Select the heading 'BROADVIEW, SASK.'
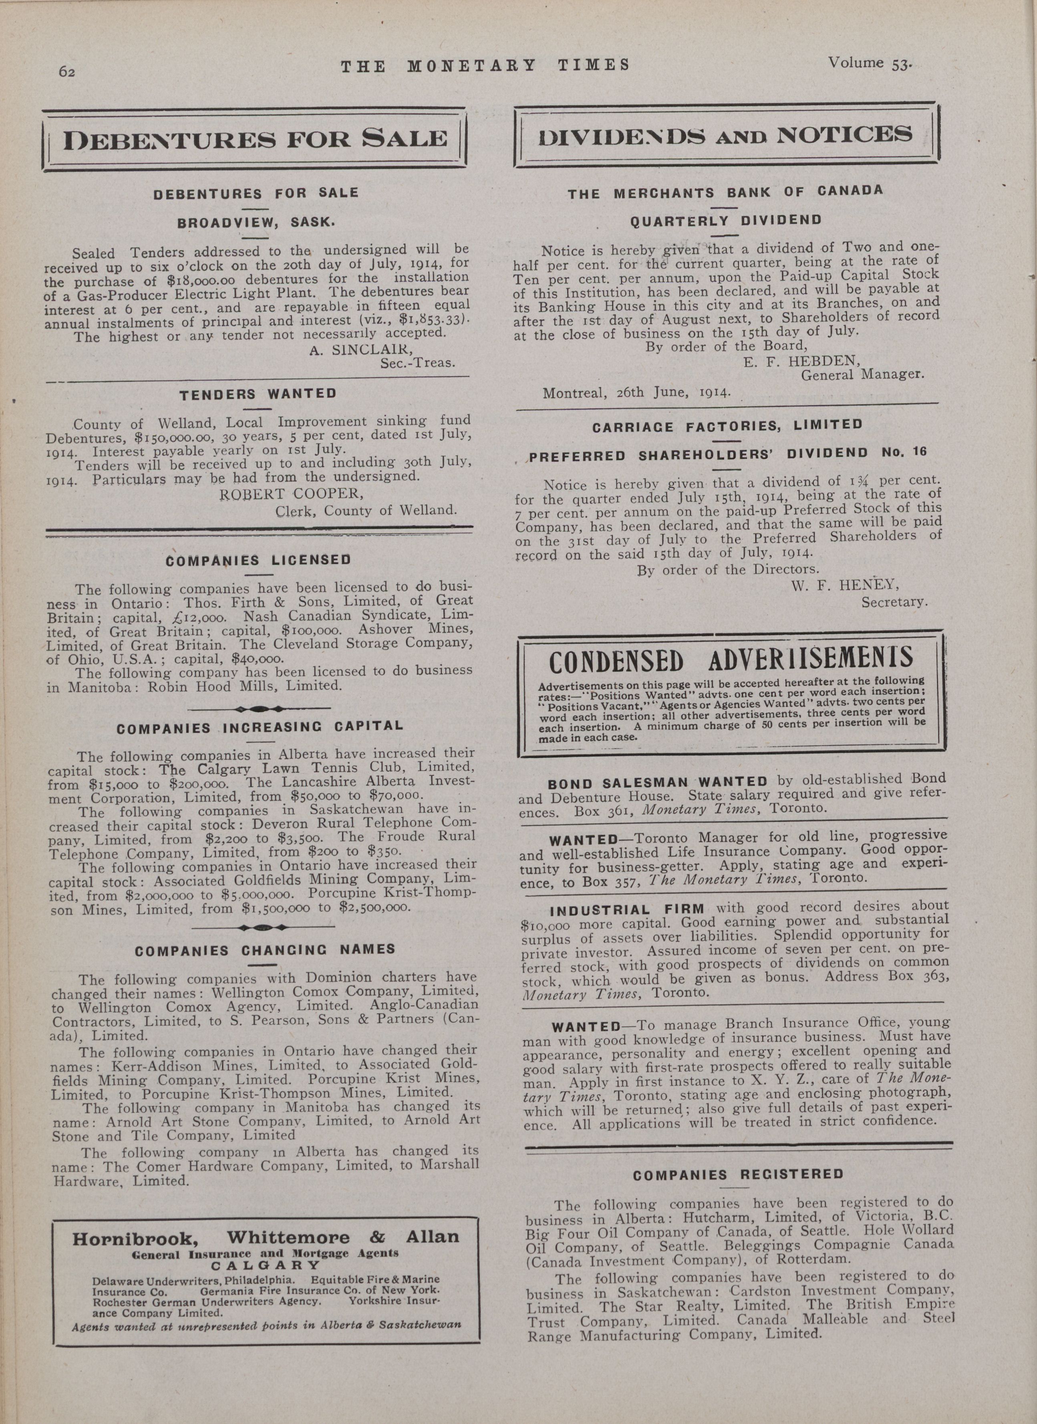click(x=256, y=222)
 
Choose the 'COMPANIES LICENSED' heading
click(x=258, y=560)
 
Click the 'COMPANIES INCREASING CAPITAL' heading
click(x=259, y=727)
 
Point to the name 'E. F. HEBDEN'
click(x=801, y=361)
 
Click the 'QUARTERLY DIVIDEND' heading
click(x=726, y=220)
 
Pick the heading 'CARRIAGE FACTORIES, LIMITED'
click(x=727, y=426)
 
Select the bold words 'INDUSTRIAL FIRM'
click(x=627, y=909)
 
